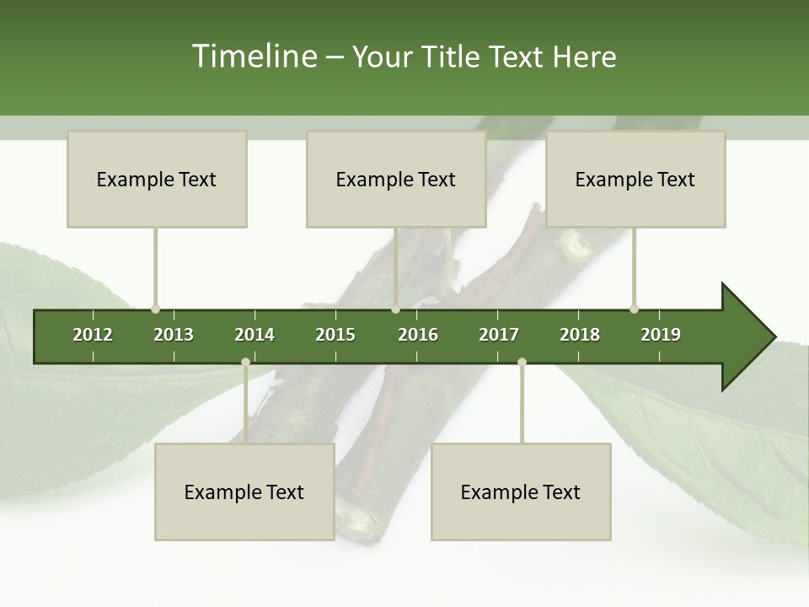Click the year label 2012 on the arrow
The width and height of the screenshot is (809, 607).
click(93, 335)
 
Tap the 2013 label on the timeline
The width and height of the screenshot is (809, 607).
click(174, 335)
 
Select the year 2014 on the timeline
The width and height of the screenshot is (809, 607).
click(254, 335)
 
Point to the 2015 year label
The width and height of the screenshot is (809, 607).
click(335, 335)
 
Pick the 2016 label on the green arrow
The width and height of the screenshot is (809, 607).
click(418, 335)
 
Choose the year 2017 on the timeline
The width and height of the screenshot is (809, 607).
click(499, 335)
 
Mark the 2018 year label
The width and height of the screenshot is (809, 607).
click(580, 335)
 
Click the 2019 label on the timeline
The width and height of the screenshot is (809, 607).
click(661, 335)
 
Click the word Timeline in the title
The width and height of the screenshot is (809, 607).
click(252, 56)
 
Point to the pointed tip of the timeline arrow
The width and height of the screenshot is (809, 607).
click(774, 337)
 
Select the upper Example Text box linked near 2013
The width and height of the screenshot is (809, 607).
click(157, 179)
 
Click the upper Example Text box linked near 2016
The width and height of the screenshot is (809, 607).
click(396, 179)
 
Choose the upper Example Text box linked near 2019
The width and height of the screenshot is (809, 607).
click(635, 179)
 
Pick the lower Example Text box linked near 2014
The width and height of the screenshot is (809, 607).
click(244, 492)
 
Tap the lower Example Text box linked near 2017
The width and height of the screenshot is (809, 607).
click(521, 492)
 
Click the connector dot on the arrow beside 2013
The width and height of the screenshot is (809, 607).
click(155, 309)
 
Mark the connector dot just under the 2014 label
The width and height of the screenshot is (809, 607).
click(245, 363)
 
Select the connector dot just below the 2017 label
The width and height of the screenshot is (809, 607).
click(522, 363)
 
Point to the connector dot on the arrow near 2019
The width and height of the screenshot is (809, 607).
click(634, 309)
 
